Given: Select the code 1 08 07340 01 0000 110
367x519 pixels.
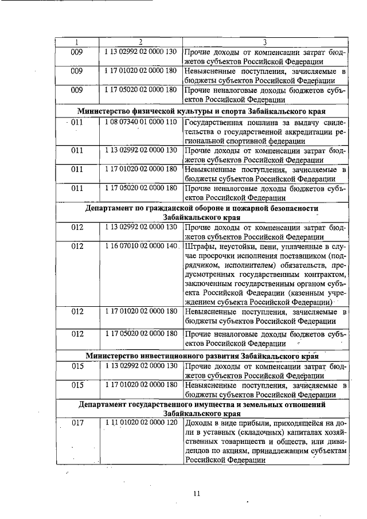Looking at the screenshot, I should click(x=140, y=122).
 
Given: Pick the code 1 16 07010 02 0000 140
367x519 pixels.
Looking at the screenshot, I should click(x=140, y=246).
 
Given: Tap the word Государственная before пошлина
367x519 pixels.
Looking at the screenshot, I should click(x=218, y=122).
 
